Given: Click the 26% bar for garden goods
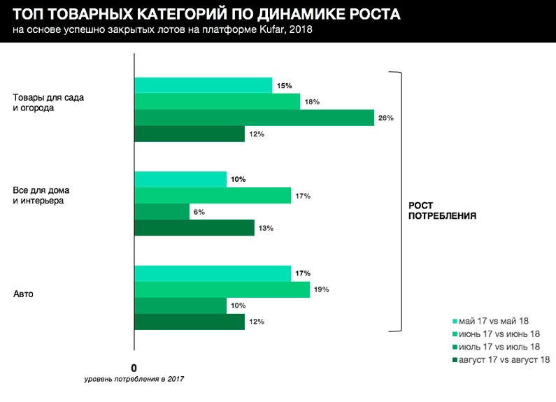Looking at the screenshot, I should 254,117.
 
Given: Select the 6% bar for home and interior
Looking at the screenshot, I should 162,212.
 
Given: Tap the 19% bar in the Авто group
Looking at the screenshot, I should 222,289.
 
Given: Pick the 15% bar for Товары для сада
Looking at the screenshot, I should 203,85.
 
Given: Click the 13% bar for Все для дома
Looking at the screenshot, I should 194,228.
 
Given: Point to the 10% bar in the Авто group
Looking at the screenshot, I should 180,306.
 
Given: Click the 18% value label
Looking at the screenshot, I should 312,102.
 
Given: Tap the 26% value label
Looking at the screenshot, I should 386,118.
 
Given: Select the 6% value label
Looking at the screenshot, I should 200,212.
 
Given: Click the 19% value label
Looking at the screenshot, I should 321,289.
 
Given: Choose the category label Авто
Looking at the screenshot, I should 24,294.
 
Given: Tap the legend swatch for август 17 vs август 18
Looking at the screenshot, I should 455,360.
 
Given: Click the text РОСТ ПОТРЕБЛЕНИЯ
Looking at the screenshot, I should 442,211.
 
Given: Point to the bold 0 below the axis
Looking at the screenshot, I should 134,368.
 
